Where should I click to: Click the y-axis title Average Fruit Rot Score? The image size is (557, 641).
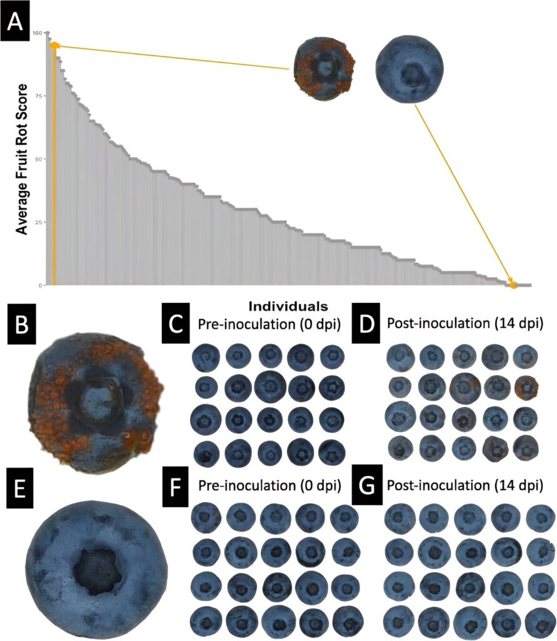(x=23, y=158)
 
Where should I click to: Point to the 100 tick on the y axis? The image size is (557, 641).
(x=38, y=33)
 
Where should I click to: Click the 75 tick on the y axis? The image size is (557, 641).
(x=39, y=96)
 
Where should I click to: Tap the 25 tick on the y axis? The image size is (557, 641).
(x=39, y=222)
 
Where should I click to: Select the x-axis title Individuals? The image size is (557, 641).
(x=288, y=307)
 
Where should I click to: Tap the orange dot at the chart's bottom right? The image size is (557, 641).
(x=513, y=284)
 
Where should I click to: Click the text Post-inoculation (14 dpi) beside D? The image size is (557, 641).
(x=464, y=324)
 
